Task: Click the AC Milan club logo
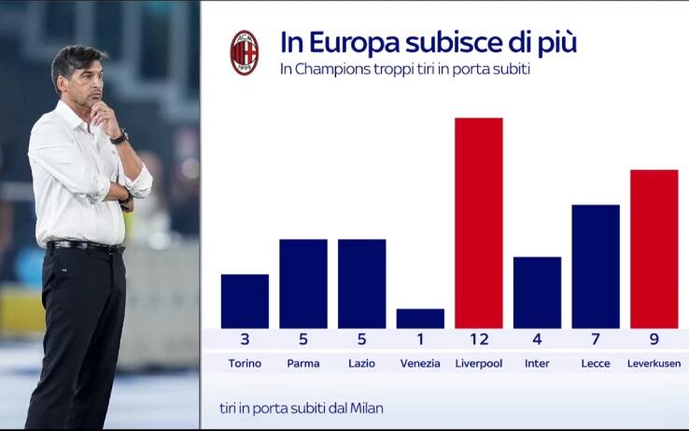click(x=245, y=52)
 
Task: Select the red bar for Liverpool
click(x=478, y=223)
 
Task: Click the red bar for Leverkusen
click(x=654, y=249)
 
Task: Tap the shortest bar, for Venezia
click(x=420, y=318)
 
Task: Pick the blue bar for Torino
click(x=245, y=301)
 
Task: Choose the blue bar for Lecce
click(x=596, y=267)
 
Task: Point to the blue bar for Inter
click(x=537, y=293)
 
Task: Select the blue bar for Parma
click(x=303, y=284)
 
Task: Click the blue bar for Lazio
click(x=361, y=284)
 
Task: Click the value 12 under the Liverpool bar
click(x=478, y=340)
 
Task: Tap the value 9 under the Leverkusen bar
click(x=654, y=340)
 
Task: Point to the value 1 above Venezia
click(x=420, y=340)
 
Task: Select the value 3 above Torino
click(x=245, y=340)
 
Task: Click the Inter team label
click(x=537, y=363)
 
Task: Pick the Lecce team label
click(x=596, y=363)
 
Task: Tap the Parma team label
click(x=303, y=363)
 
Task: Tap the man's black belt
click(x=87, y=246)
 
